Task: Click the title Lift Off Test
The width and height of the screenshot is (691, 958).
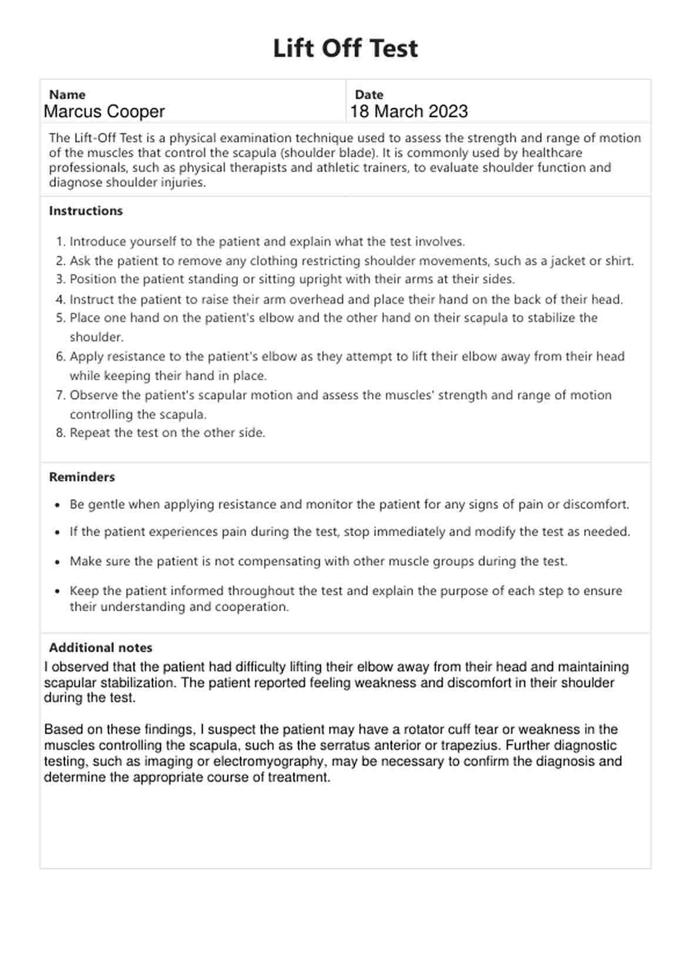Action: pyautogui.click(x=345, y=48)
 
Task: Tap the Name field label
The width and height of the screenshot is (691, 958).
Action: pyautogui.click(x=67, y=95)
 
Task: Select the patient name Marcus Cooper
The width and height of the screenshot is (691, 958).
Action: pyautogui.click(x=104, y=112)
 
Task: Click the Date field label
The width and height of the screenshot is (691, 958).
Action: pyautogui.click(x=369, y=95)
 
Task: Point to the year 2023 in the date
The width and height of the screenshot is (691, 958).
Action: pyautogui.click(x=448, y=112)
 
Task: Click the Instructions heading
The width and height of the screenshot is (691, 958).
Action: pyautogui.click(x=86, y=211)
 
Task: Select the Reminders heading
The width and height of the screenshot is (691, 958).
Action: pyautogui.click(x=82, y=477)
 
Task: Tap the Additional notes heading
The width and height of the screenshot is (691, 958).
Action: pyautogui.click(x=100, y=648)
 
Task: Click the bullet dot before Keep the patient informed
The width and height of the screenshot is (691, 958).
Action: pyautogui.click(x=57, y=591)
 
